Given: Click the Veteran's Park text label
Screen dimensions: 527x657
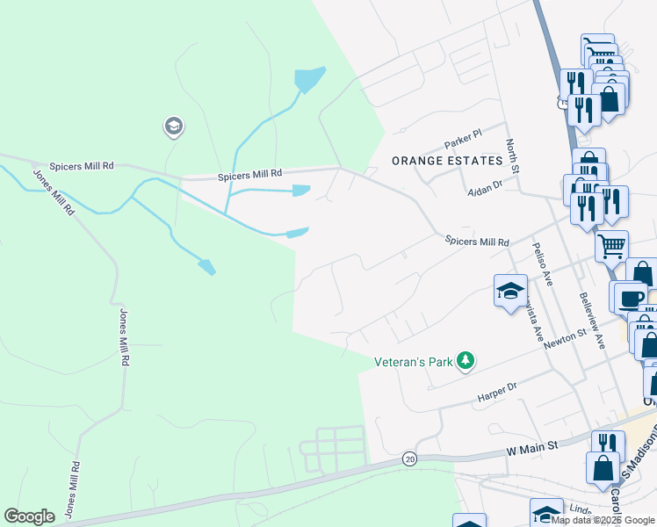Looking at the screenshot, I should (414, 361).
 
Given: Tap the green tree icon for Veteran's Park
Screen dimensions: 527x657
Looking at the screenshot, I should (466, 360).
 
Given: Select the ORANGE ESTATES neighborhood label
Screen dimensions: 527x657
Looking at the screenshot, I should (446, 161).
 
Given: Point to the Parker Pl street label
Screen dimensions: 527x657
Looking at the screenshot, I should (463, 139).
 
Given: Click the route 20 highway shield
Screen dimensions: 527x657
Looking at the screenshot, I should (409, 458).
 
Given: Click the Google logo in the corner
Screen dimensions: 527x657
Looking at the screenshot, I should (29, 516).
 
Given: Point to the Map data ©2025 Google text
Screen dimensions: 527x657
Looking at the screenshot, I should (603, 521).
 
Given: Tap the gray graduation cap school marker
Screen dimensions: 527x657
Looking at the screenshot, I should (173, 127).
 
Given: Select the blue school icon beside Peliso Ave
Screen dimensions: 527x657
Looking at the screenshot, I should (509, 292).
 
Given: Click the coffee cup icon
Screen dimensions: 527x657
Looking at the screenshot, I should (630, 298).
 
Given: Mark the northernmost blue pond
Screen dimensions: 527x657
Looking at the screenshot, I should (309, 80).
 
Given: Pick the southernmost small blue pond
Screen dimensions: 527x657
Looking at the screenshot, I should (206, 266).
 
